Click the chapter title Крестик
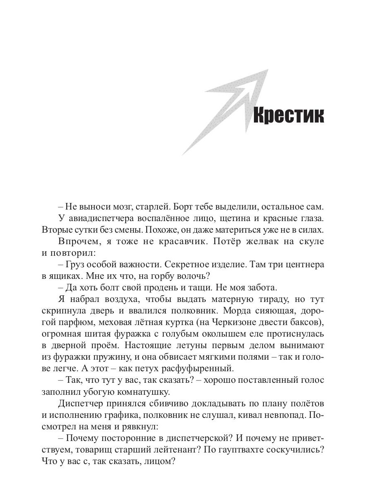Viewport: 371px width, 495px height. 288,116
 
